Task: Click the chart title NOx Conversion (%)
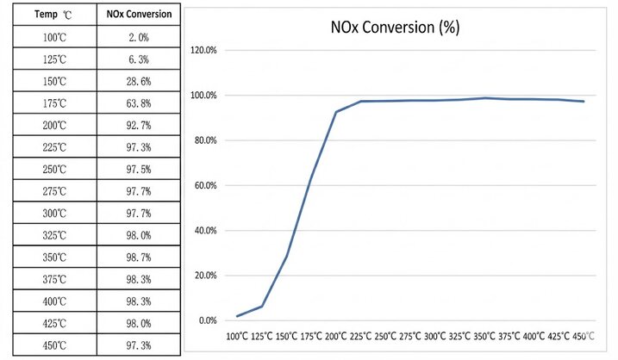point(395,28)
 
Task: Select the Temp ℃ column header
point(53,15)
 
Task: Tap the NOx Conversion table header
point(139,14)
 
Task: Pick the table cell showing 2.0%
point(139,37)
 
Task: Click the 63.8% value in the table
point(139,103)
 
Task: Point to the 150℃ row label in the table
point(54,82)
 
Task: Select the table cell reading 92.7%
point(139,126)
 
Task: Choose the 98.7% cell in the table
point(139,258)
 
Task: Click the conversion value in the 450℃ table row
point(139,345)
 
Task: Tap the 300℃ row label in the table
point(54,214)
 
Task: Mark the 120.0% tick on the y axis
point(203,51)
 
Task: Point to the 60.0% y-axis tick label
point(205,185)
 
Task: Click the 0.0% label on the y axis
point(208,320)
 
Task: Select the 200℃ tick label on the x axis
point(336,337)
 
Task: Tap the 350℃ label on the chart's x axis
point(484,337)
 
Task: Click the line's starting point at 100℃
point(237,316)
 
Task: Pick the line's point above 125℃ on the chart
point(262,306)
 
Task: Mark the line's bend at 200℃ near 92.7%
point(336,112)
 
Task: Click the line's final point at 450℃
point(584,102)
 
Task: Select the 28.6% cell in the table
point(139,82)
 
